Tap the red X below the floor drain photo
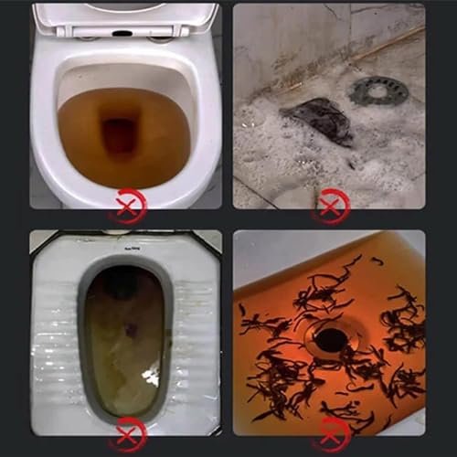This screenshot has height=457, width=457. (329, 207)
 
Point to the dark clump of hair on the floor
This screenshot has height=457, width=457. (315, 120)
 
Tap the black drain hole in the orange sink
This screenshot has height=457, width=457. (331, 341)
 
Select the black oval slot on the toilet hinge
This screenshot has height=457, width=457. (122, 33)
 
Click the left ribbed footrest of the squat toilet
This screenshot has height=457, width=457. (57, 338)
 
